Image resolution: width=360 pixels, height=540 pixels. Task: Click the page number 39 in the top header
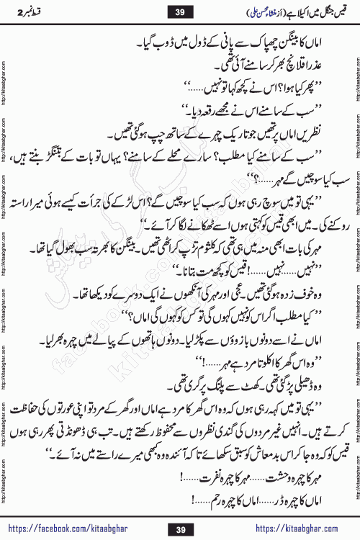pyautogui.click(x=180, y=12)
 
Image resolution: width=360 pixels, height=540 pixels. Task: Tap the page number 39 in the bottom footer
pyautogui.click(x=180, y=530)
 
